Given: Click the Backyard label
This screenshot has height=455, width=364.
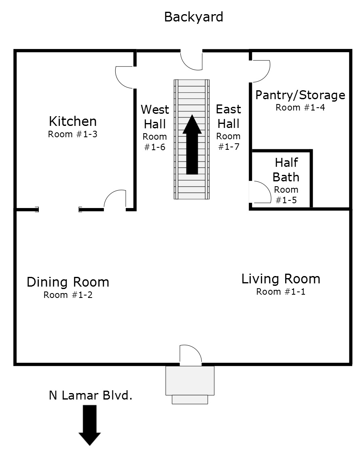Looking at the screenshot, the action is coord(194,17).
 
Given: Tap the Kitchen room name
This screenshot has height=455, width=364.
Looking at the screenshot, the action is coord(73,121).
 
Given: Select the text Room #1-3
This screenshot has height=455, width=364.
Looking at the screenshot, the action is coord(72,134).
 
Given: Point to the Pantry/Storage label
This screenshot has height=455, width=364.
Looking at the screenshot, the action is coord(300,95).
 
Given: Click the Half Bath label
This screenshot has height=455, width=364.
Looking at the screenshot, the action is coord(286,170).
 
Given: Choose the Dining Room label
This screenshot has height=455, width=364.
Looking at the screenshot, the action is coord(68,282).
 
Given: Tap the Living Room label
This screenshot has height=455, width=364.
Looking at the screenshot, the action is coord(281,279).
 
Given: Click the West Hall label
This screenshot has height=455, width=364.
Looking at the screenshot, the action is coord(155,117).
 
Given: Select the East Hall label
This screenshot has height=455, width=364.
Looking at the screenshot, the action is coord(229,117).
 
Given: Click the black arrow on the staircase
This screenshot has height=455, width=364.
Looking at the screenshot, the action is coord(192,145).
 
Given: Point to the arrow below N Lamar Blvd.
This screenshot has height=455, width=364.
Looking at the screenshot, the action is coord(89,425).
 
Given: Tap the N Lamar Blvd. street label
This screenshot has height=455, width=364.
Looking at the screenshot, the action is coord(91,395).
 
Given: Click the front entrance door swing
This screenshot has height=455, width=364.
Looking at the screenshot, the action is coord(190,355).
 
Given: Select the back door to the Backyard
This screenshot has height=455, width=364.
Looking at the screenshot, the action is coord(191,60).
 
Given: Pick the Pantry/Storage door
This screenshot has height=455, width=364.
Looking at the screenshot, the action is coord(260,71).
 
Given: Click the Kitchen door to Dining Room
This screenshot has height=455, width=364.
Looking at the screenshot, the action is coord(115,200).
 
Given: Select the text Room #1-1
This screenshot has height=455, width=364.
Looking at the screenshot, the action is coord(281,291).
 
